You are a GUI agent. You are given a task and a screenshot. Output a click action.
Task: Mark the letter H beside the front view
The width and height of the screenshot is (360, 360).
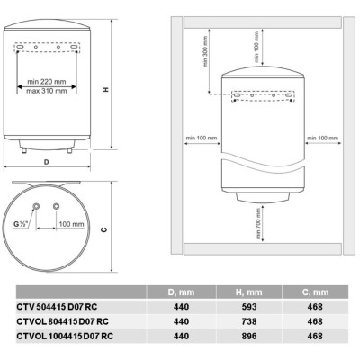pos(106,89)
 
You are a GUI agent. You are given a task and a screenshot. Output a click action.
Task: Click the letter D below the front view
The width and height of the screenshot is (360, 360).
pos(46,164)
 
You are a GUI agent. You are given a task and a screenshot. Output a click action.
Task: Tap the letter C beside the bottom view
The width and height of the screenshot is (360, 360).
pos(106,229)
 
